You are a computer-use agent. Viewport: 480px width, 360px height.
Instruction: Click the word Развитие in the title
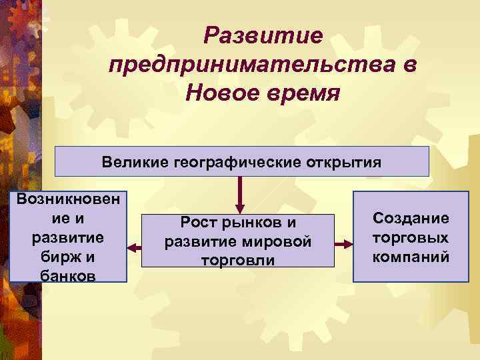pyautogui.click(x=264, y=35)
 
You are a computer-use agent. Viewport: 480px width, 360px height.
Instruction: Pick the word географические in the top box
pyautogui.click(x=239, y=162)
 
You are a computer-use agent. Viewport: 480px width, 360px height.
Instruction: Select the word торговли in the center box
pyautogui.click(x=238, y=260)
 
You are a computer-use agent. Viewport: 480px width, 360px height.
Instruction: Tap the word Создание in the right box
pyautogui.click(x=411, y=219)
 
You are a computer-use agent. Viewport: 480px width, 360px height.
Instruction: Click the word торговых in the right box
pyautogui.click(x=411, y=237)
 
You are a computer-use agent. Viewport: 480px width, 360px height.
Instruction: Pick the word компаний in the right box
pyautogui.click(x=411, y=257)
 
